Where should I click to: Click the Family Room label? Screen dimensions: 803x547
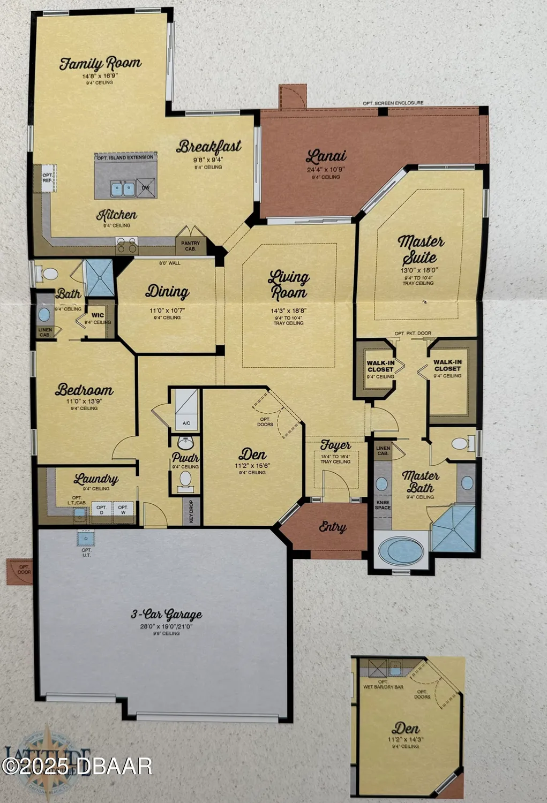click(100, 64)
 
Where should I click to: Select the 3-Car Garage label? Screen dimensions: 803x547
click(167, 614)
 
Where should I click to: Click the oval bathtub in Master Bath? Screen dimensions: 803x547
click(401, 550)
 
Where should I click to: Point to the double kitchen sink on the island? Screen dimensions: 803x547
click(123, 188)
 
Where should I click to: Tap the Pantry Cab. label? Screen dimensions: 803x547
click(190, 246)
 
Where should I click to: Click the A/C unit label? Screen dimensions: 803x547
click(186, 423)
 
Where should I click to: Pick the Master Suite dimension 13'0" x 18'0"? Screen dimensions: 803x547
click(419, 270)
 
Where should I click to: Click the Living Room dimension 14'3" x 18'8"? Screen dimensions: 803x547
click(288, 310)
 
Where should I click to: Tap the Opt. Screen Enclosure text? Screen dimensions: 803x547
click(393, 103)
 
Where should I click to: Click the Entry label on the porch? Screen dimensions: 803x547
click(332, 527)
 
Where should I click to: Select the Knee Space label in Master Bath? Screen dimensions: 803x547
click(383, 505)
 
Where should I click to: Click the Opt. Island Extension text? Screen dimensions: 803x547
click(125, 157)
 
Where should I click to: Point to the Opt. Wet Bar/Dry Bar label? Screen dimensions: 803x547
click(383, 684)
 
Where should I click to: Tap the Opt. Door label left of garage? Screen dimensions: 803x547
click(24, 570)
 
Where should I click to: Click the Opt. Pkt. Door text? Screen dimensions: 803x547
click(413, 334)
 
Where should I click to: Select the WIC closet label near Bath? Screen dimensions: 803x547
click(98, 315)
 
